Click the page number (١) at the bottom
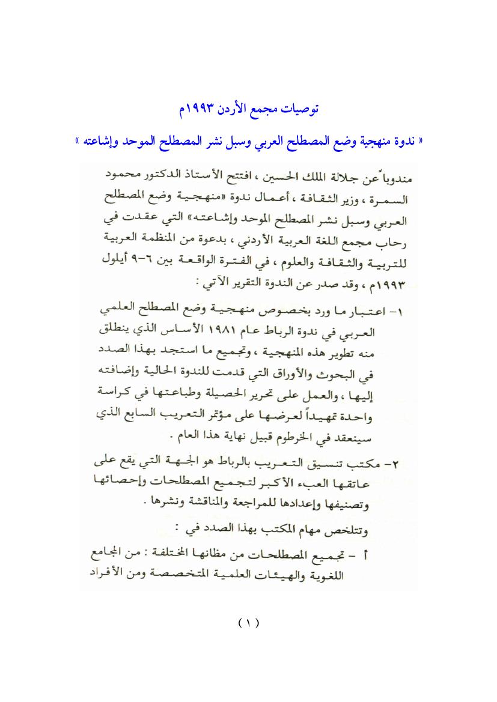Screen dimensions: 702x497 [248, 623]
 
